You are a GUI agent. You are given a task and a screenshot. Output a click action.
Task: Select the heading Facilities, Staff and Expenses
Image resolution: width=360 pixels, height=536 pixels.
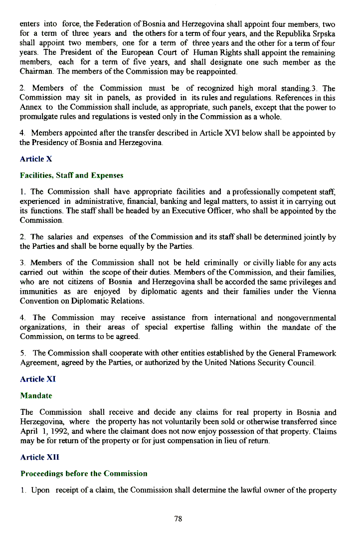click(x=71, y=176)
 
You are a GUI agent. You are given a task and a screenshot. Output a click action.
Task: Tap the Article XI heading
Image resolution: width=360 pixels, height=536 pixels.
click(x=38, y=379)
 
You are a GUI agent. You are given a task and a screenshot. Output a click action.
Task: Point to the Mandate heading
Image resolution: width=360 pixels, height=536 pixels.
click(x=36, y=396)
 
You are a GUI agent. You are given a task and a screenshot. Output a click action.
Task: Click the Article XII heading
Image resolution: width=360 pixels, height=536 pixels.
click(x=39, y=457)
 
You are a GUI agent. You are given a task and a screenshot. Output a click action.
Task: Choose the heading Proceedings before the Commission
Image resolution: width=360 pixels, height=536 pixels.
click(x=84, y=474)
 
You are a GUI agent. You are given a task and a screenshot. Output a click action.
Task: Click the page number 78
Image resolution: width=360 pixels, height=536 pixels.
click(x=179, y=519)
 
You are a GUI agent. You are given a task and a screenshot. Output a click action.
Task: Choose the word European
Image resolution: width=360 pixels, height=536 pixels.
click(x=135, y=52)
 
